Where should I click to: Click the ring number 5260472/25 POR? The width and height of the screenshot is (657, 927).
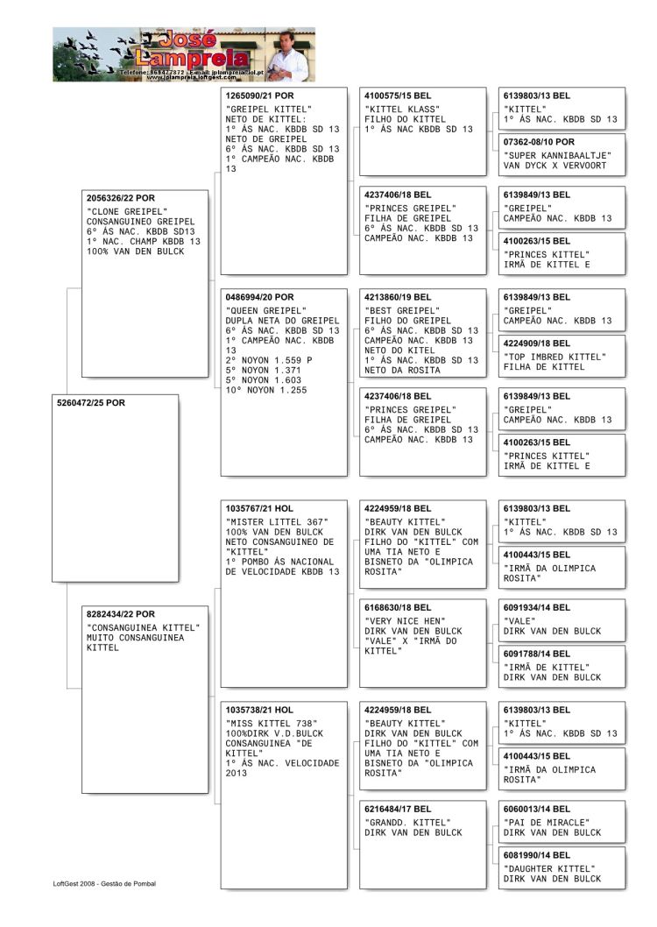click(x=91, y=403)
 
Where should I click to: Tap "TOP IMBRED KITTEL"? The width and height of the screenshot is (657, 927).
click(x=555, y=357)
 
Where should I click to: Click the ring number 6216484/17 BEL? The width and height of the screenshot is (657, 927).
click(x=398, y=809)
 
